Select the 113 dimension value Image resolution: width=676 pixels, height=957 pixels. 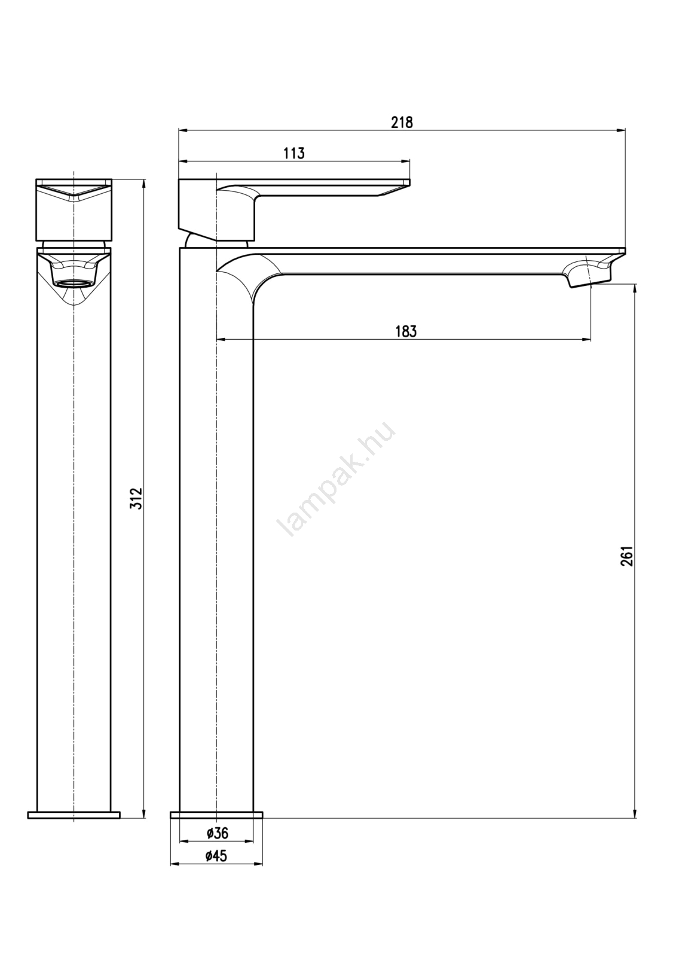click(294, 153)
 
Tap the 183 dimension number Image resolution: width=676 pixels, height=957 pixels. click(406, 331)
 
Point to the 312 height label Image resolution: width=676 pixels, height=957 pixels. click(136, 498)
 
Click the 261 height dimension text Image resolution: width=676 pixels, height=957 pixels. click(626, 556)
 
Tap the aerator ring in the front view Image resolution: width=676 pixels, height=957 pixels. click(74, 284)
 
